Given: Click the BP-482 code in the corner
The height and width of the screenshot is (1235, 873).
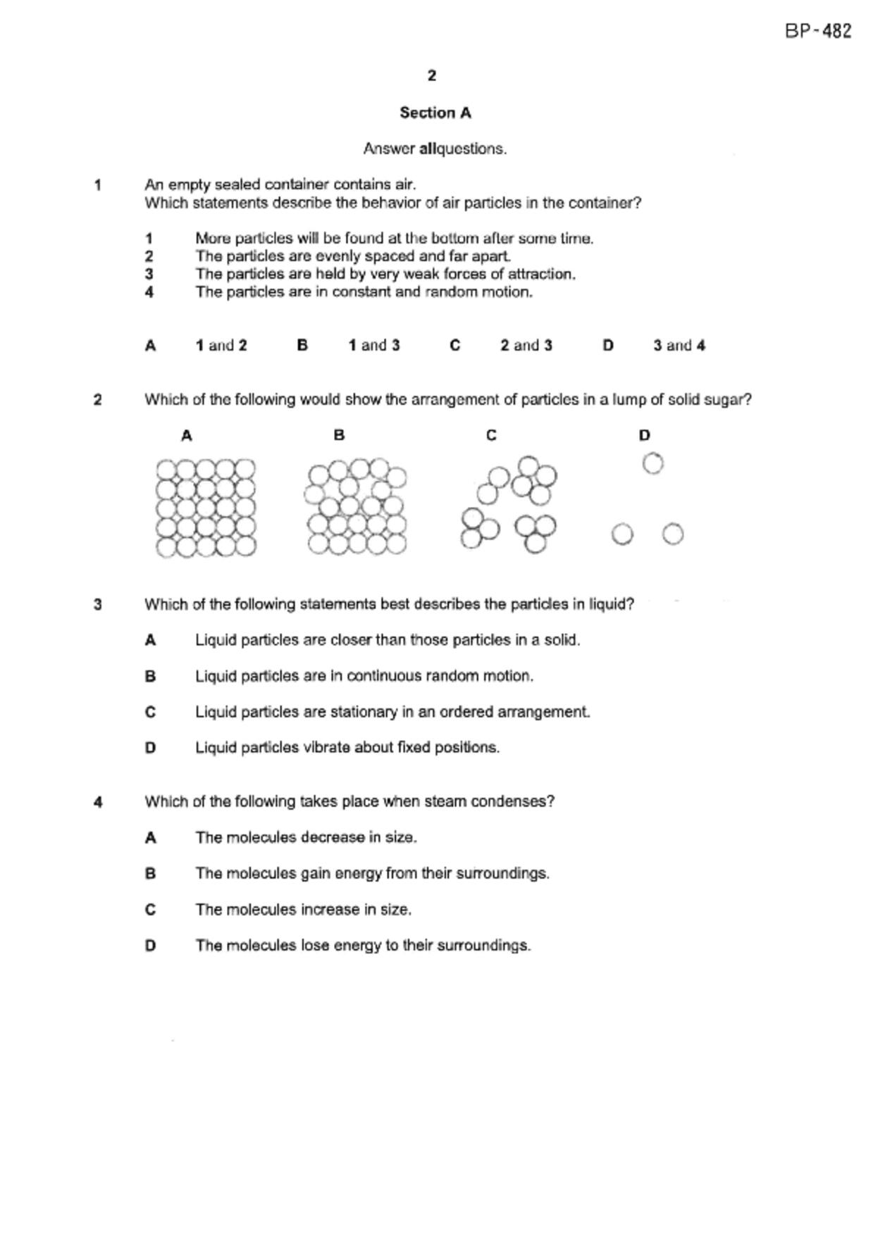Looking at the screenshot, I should [x=818, y=31].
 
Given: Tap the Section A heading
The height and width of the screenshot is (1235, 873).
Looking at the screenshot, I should [x=435, y=113].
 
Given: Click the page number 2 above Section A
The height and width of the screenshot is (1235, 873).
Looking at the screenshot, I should [x=432, y=75].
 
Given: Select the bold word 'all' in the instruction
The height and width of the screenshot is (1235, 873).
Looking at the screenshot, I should [x=428, y=149].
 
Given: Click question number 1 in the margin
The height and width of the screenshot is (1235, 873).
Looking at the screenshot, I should [x=98, y=185].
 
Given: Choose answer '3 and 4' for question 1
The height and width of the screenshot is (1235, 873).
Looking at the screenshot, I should [x=679, y=346].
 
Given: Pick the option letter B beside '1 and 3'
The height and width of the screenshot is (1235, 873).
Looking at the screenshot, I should [x=302, y=346].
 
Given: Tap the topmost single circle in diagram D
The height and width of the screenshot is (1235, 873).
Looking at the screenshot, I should [x=653, y=463].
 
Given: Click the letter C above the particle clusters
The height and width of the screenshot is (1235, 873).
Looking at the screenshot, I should [x=491, y=436].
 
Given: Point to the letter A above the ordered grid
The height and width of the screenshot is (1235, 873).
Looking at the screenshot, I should [x=187, y=436].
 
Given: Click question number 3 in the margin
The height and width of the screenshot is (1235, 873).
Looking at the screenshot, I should [x=98, y=604].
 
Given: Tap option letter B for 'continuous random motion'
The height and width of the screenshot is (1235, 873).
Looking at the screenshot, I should [x=150, y=677].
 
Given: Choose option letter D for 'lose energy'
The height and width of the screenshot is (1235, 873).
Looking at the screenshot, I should [x=150, y=946].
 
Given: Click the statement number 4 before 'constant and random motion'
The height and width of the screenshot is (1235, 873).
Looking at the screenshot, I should [x=149, y=292].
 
